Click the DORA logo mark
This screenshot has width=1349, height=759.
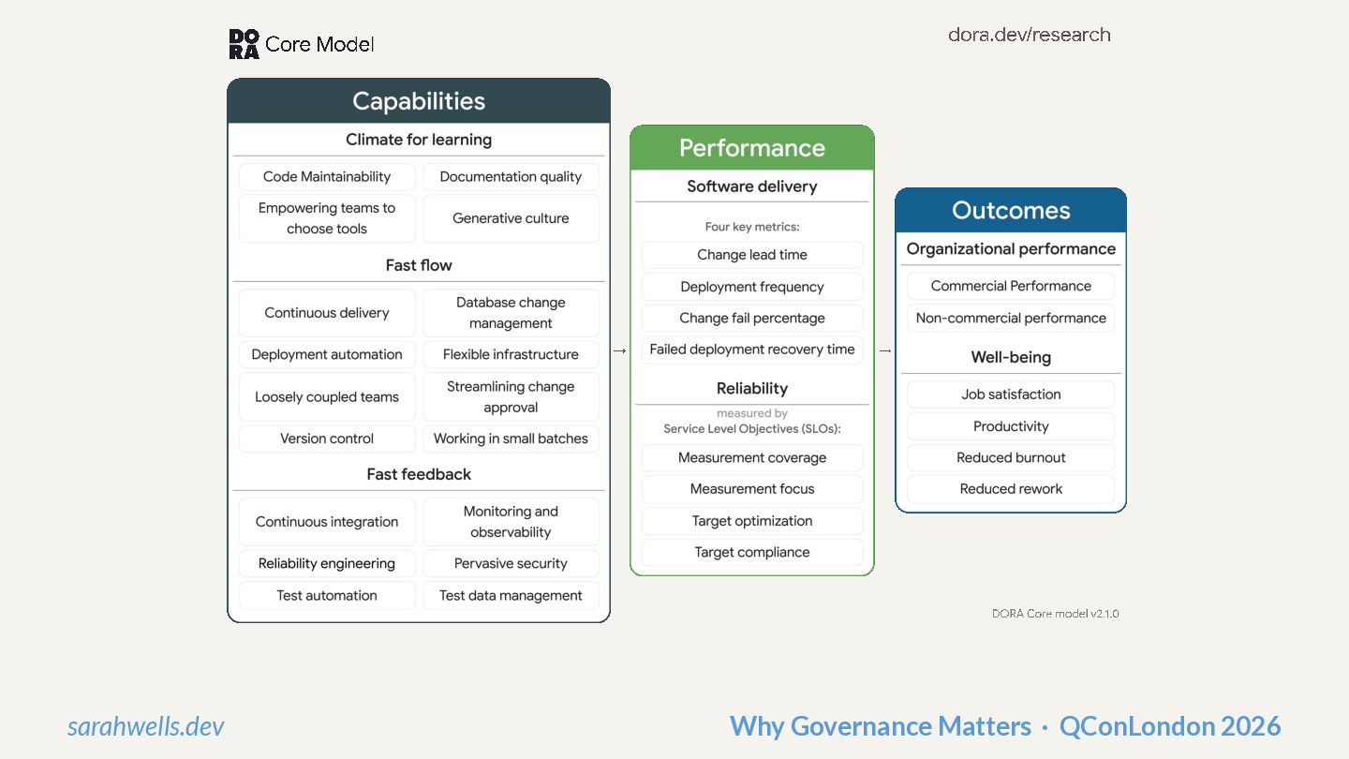(x=244, y=44)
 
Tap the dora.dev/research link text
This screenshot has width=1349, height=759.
(x=1029, y=35)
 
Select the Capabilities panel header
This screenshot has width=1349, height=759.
(x=419, y=101)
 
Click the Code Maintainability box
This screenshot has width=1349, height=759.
(x=327, y=176)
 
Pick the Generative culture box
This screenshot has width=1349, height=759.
(x=511, y=218)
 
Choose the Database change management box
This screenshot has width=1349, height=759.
(x=511, y=313)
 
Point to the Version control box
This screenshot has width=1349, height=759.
(x=327, y=439)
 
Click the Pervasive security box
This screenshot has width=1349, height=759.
(x=511, y=563)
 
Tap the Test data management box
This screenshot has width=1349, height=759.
(x=511, y=595)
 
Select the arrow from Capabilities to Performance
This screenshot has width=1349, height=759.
(x=620, y=350)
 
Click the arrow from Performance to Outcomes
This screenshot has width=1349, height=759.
(x=885, y=350)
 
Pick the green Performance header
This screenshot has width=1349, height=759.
(x=752, y=148)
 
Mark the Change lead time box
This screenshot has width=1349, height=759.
(x=752, y=255)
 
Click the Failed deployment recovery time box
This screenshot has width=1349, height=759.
(x=752, y=350)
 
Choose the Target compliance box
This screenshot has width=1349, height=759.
(x=752, y=552)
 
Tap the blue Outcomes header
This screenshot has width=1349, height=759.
(x=1011, y=211)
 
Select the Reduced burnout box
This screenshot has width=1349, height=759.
(x=1011, y=457)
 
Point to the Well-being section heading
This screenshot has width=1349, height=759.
(x=1011, y=357)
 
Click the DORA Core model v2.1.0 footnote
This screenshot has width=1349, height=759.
(x=1055, y=614)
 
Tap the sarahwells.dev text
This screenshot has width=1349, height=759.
(x=146, y=726)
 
